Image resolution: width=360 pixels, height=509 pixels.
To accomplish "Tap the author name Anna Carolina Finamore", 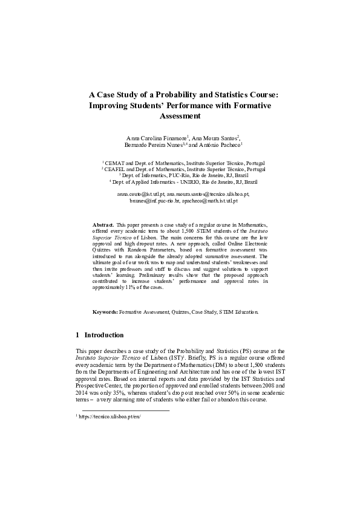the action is tap(155, 138).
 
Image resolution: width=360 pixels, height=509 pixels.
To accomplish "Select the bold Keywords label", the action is tap(105, 312).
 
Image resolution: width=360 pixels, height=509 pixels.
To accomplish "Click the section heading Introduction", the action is tap(104, 335).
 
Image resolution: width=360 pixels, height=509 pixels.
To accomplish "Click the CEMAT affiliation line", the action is tap(183, 163).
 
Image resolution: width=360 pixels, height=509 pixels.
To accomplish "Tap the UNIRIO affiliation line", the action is tap(183, 181).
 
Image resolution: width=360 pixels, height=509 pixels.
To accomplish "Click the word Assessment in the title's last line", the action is tap(180, 116).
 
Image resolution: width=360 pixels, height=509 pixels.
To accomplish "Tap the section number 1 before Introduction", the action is tap(77, 335).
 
